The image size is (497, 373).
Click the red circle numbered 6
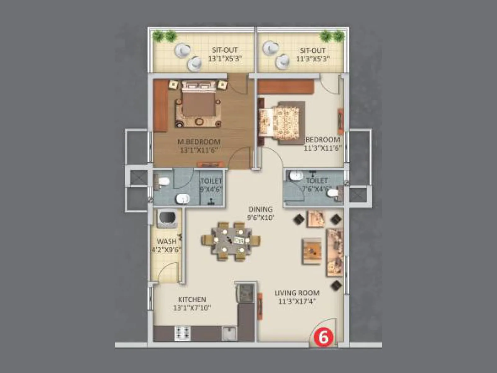tap(323, 337)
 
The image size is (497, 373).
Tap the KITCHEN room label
tap(192, 299)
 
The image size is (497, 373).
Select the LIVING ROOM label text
tap(297, 293)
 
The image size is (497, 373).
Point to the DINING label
tap(260, 209)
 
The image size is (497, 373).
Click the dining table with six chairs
tap(231, 241)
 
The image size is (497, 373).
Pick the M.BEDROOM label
tap(199, 142)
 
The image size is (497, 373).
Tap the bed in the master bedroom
tap(199, 103)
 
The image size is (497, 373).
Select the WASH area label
tap(166, 241)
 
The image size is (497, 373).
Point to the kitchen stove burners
tap(183, 333)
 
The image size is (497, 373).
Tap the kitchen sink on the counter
tap(229, 333)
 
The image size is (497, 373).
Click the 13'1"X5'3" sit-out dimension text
tap(225, 58)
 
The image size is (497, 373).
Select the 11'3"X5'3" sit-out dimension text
tap(312, 58)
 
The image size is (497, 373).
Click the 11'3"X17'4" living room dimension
tap(297, 301)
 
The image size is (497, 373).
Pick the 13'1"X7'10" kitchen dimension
tap(192, 308)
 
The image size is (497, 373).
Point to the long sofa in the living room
tap(334, 252)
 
